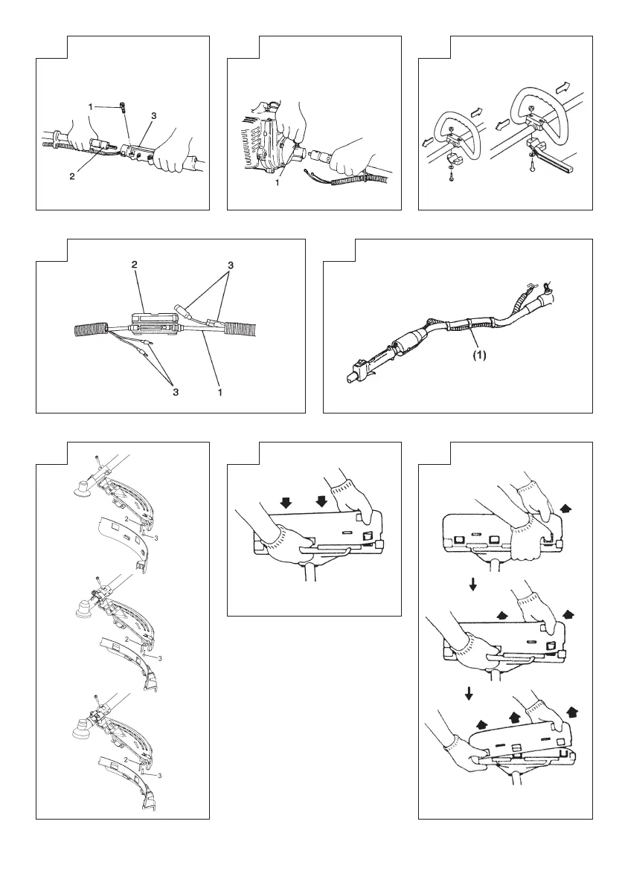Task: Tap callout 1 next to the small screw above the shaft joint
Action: pyautogui.click(x=91, y=107)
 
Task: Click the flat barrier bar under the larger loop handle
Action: pyautogui.click(x=554, y=157)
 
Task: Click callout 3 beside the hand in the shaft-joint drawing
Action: pyautogui.click(x=154, y=116)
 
